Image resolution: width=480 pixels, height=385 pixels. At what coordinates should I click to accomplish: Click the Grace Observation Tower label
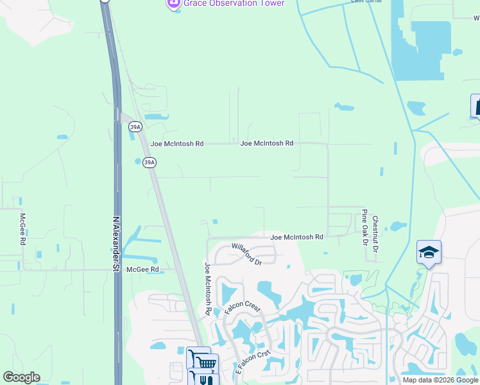coord(234,3)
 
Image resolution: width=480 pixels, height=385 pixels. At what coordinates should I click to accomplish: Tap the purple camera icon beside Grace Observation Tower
coord(173,4)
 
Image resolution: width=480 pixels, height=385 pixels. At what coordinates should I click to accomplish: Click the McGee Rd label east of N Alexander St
coord(142,269)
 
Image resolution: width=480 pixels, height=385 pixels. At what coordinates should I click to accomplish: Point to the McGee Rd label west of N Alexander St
coord(22,230)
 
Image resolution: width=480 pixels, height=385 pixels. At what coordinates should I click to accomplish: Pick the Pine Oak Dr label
coord(364,228)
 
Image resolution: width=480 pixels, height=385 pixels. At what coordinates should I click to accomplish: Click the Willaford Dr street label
coord(247,254)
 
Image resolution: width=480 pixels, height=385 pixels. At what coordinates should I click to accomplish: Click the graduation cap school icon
coord(429,252)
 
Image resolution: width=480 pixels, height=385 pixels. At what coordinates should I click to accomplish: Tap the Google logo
coord(21,377)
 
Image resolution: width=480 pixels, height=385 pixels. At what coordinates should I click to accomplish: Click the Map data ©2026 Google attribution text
coord(440,380)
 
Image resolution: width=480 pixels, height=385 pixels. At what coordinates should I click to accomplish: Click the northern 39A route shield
coord(135,126)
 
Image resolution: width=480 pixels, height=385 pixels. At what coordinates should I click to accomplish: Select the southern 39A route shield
coord(149,163)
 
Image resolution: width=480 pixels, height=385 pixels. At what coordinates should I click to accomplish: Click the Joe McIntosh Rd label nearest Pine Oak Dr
coord(296,237)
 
